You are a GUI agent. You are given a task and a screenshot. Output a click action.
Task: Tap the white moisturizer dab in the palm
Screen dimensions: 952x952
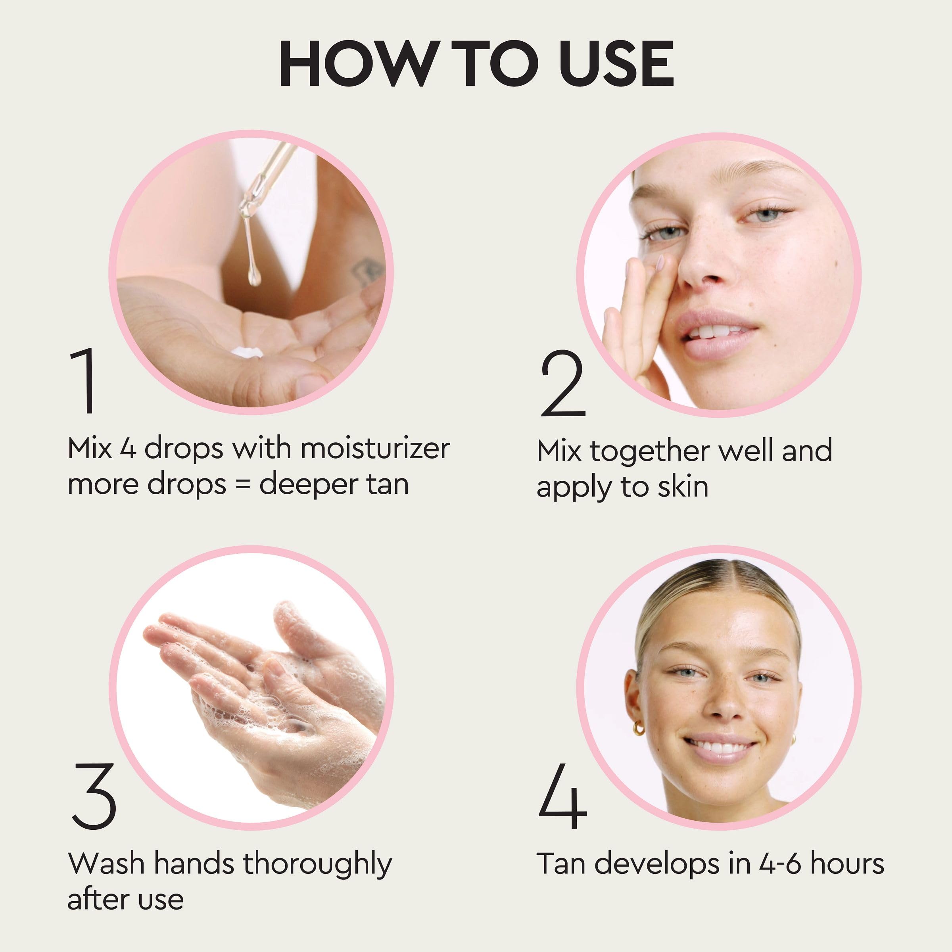click(x=246, y=353)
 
